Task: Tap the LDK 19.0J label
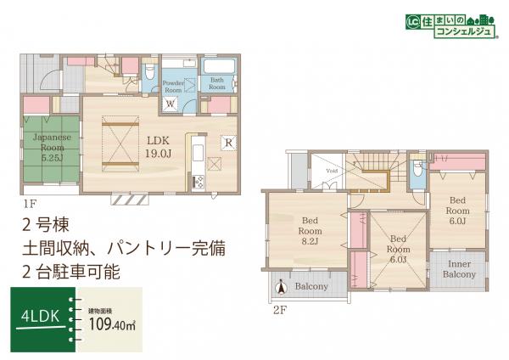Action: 159,146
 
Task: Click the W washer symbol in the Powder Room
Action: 171,104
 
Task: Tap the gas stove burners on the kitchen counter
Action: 199,181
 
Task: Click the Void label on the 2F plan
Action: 333,170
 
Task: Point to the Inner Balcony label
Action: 459,270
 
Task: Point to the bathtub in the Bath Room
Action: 219,66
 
